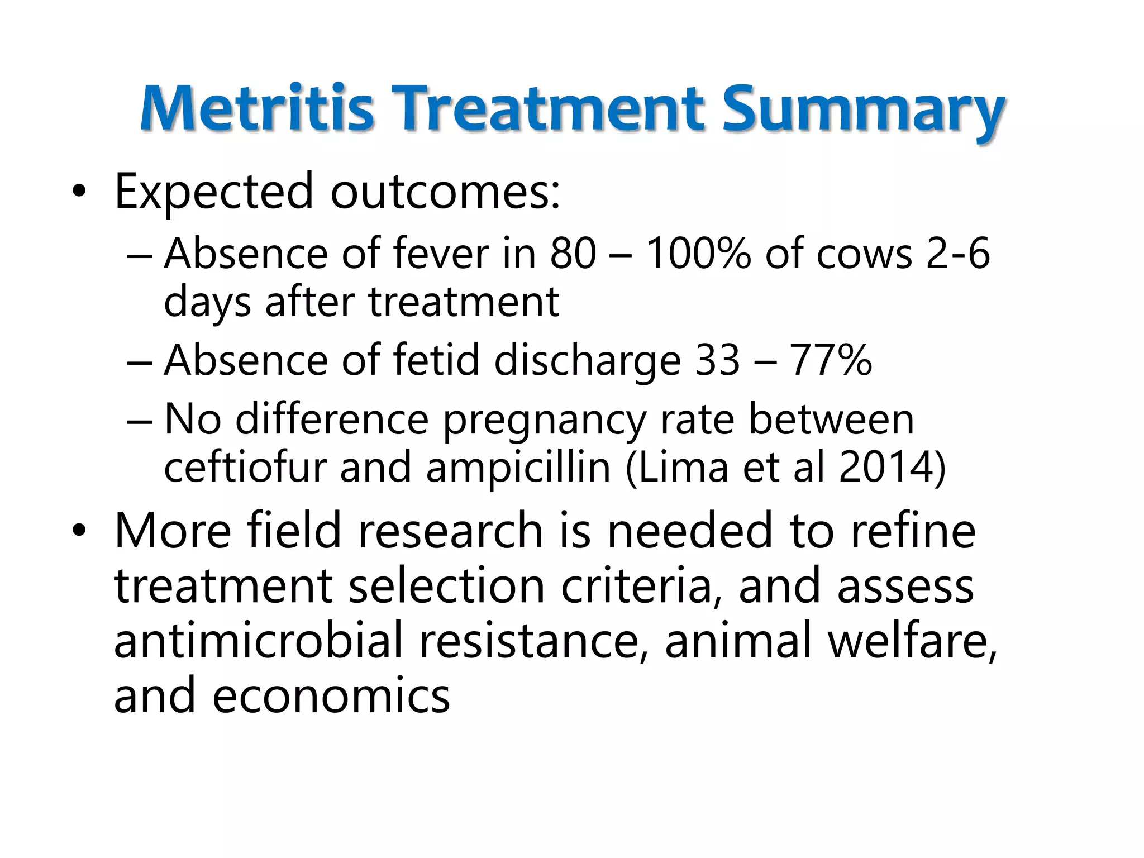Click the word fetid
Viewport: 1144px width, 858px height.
(436, 360)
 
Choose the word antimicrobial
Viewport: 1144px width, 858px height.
(258, 641)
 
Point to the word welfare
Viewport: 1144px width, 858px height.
(912, 641)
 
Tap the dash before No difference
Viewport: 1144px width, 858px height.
(139, 420)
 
